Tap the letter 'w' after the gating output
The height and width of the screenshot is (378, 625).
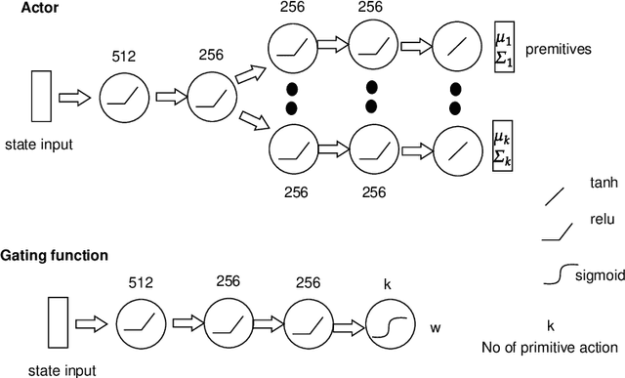[x=435, y=327]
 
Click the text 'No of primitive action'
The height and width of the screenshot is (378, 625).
[x=550, y=347]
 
